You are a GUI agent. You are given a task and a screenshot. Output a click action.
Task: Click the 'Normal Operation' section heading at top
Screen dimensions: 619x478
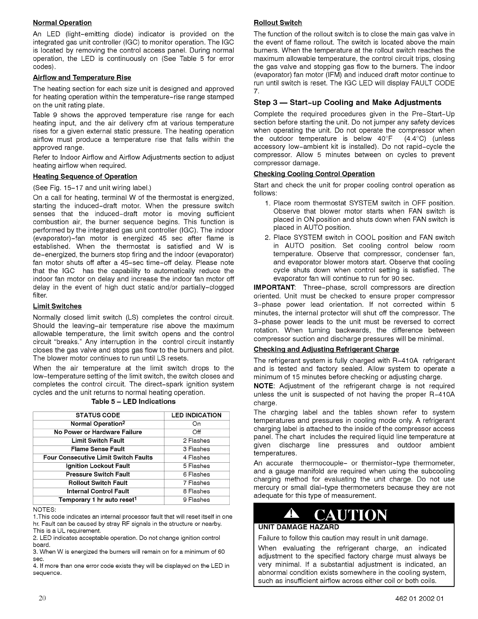(x=62, y=23)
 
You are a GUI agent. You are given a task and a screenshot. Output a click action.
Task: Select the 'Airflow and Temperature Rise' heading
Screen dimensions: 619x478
(x=82, y=77)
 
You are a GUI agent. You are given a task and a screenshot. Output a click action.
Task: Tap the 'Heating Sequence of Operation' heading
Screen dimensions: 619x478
(x=85, y=176)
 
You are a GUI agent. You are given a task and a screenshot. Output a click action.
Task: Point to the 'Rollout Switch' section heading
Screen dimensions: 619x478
(x=278, y=23)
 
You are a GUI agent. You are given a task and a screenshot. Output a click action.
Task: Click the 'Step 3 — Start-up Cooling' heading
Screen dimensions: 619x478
(x=348, y=102)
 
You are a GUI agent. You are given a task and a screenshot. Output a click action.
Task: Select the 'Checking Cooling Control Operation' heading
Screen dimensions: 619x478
(x=314, y=174)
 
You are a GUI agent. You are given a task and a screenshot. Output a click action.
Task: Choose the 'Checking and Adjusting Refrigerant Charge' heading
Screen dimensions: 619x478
(x=326, y=349)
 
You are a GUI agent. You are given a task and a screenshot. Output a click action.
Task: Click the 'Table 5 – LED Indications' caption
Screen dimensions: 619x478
(x=134, y=401)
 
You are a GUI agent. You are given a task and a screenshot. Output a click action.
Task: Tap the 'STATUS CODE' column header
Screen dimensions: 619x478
(x=98, y=415)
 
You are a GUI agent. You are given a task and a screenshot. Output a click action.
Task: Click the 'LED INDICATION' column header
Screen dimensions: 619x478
(x=196, y=415)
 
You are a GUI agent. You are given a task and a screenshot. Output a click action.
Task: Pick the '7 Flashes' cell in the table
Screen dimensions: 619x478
(x=196, y=483)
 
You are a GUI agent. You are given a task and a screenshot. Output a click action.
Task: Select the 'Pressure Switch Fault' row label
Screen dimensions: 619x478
(x=98, y=474)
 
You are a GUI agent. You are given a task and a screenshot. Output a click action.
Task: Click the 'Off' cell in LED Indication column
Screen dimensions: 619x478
(x=196, y=432)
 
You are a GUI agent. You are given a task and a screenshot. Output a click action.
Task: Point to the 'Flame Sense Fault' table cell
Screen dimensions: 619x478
(x=98, y=449)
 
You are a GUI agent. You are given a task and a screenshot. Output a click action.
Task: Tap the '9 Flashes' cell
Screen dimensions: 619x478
(x=196, y=499)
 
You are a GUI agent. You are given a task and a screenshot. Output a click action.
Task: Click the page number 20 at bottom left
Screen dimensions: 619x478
(x=43, y=598)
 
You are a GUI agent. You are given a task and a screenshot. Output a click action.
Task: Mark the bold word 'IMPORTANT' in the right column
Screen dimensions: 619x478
(x=272, y=287)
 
